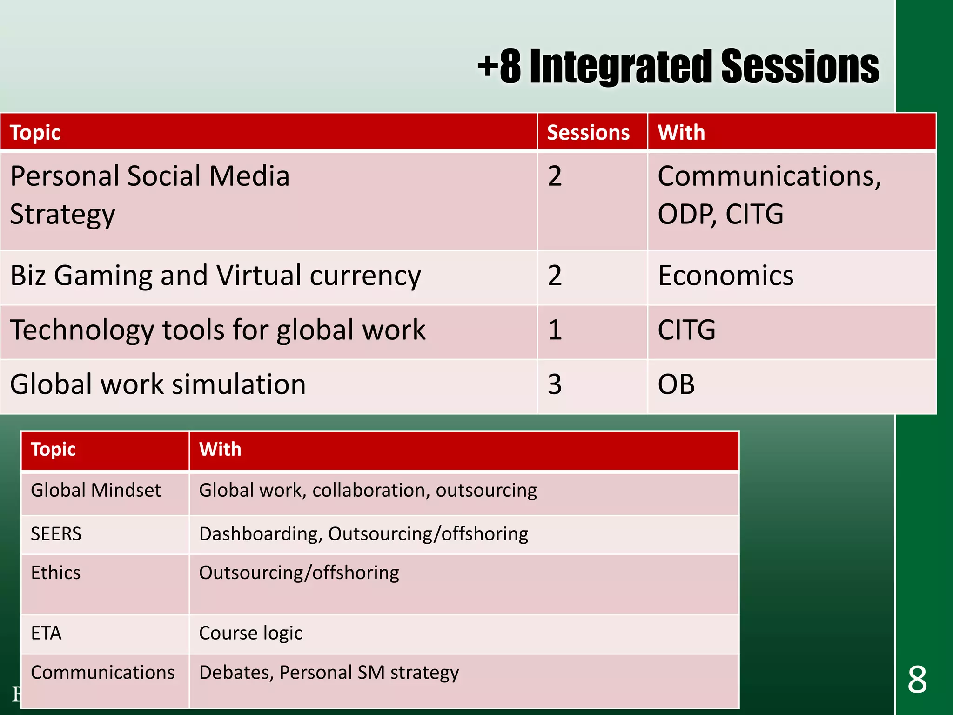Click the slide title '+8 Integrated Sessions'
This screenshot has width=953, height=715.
(x=678, y=67)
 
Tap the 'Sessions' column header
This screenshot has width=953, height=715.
(x=588, y=133)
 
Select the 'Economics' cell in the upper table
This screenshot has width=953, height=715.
(x=725, y=276)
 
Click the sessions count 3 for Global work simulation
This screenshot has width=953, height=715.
(x=555, y=385)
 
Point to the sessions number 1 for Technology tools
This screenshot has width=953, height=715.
(x=555, y=330)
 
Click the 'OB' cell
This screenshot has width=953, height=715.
(x=676, y=385)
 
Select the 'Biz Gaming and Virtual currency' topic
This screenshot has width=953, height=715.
(x=215, y=276)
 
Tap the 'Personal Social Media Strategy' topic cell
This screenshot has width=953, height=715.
(x=149, y=196)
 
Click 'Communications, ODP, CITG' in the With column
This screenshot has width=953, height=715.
(x=769, y=196)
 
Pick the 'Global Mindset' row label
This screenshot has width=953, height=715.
(x=96, y=491)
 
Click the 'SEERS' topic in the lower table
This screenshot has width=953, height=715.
(x=56, y=534)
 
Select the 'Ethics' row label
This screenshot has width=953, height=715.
(x=55, y=573)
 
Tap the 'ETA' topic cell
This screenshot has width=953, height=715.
(x=46, y=634)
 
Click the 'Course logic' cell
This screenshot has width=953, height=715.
(x=250, y=634)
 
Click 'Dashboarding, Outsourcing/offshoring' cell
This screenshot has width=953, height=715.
(x=363, y=534)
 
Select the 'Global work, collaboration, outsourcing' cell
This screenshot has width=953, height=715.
(x=368, y=491)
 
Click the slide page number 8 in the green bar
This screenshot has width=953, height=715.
(x=917, y=680)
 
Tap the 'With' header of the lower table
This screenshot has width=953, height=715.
(x=220, y=450)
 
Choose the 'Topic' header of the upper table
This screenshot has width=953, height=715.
(x=35, y=133)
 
